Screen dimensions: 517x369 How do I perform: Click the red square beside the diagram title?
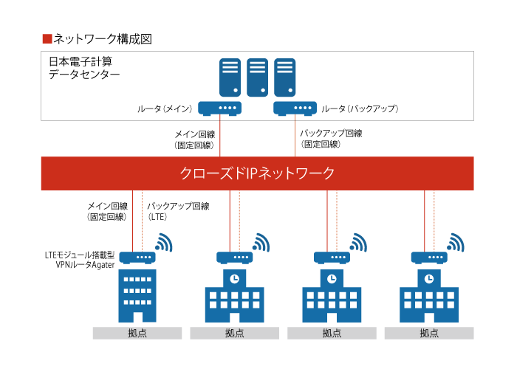[x=47, y=39]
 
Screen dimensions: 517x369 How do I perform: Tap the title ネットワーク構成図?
[x=103, y=39]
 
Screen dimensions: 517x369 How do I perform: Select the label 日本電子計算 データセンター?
[x=84, y=68]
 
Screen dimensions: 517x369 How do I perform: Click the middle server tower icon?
[x=257, y=77]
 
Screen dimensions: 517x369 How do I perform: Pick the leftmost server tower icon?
[x=230, y=77]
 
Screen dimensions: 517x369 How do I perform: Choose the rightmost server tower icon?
[x=284, y=77]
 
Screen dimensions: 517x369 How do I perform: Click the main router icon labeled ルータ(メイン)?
[x=219, y=108]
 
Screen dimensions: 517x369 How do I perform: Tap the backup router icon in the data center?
[x=295, y=108]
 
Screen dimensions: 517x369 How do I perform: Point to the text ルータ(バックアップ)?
[x=360, y=108]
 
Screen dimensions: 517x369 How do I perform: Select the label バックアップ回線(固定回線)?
[x=331, y=139]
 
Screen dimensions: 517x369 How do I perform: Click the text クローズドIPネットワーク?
[x=257, y=173]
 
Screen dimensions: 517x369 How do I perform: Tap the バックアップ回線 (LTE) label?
[x=178, y=211]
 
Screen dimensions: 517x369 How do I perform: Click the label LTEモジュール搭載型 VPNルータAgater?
[x=80, y=260]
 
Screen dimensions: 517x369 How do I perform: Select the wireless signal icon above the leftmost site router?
[x=164, y=243]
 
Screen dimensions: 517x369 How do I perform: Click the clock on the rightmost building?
[x=429, y=279]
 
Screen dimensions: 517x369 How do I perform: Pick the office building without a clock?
[x=137, y=295]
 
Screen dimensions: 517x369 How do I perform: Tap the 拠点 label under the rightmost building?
[x=429, y=333]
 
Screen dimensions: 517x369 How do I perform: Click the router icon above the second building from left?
[x=234, y=258]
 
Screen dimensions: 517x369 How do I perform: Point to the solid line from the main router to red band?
[x=219, y=136]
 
